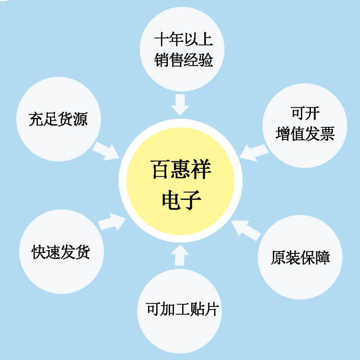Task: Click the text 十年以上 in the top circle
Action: (183, 40)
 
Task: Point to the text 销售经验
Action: (183, 60)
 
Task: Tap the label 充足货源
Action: (58, 120)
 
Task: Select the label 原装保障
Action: (301, 258)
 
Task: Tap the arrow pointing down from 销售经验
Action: (180, 104)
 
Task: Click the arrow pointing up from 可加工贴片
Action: (180, 255)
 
